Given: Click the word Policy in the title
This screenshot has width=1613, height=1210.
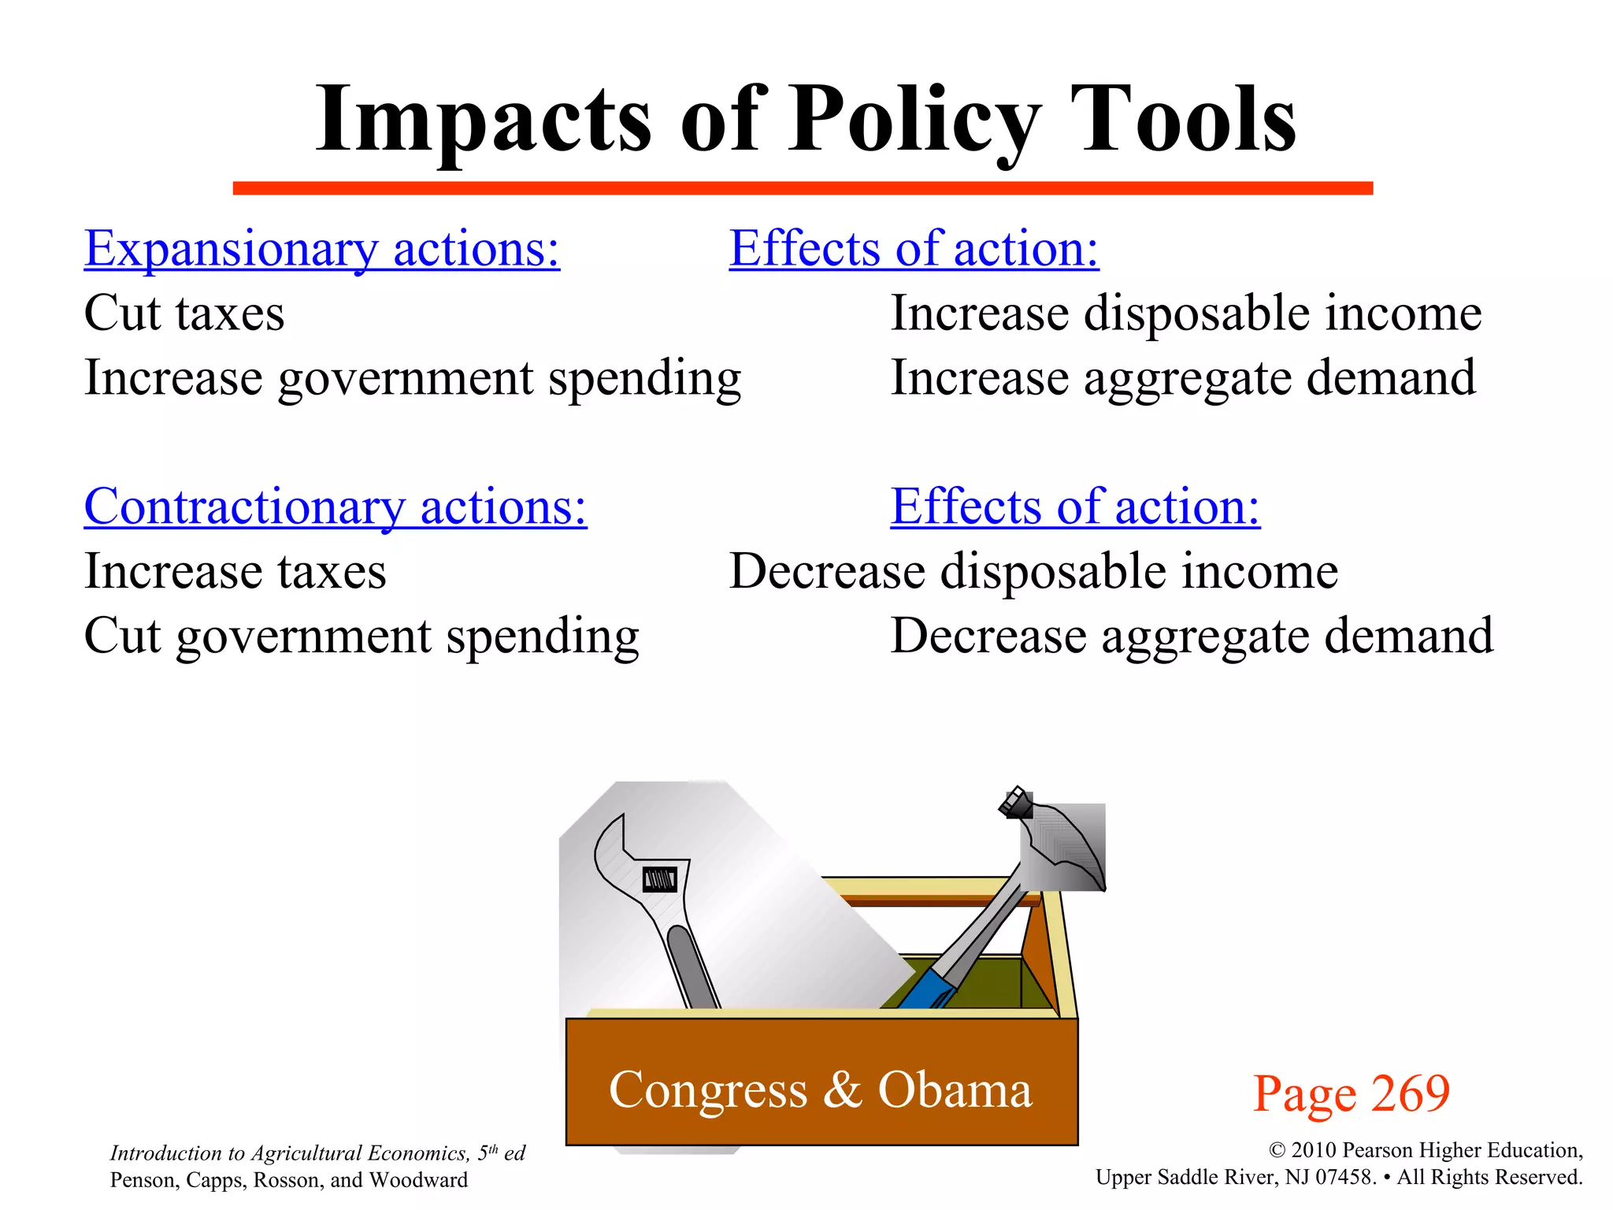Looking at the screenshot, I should click(914, 120).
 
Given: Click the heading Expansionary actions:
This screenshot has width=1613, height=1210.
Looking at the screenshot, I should click(321, 249).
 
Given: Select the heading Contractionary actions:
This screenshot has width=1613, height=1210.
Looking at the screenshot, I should click(336, 507).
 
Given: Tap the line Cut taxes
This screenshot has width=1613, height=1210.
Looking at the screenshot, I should click(184, 314).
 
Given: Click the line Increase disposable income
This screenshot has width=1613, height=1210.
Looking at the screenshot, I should click(1185, 314).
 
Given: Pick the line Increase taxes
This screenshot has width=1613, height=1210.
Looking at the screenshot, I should click(235, 571).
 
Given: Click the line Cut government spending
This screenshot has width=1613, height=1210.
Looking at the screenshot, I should click(362, 637).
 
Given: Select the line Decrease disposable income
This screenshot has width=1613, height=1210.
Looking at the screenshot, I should click(1033, 571).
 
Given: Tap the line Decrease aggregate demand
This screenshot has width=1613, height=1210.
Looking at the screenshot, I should click(1191, 637).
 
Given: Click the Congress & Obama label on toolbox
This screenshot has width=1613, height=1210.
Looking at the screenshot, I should click(820, 1090).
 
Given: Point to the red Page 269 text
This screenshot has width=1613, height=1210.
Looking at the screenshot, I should click(1351, 1093).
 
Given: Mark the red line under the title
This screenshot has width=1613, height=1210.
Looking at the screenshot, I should click(802, 188).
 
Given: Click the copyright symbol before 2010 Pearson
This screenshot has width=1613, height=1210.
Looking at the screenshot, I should click(1277, 1151).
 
